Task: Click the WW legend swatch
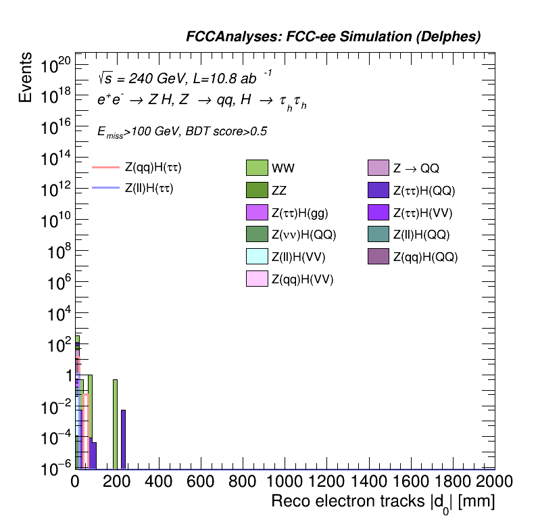(x=258, y=168)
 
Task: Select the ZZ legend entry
(x=258, y=190)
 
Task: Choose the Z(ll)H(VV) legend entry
(x=258, y=256)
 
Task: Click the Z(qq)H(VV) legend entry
(x=258, y=278)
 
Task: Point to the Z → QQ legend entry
(x=379, y=168)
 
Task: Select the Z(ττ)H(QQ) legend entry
(x=379, y=190)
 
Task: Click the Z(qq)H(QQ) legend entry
(x=379, y=256)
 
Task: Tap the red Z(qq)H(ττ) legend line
(x=105, y=166)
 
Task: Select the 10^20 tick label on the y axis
(x=55, y=66)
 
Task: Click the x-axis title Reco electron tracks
(x=383, y=502)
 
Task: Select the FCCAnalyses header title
(x=333, y=37)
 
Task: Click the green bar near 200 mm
(x=116, y=423)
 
